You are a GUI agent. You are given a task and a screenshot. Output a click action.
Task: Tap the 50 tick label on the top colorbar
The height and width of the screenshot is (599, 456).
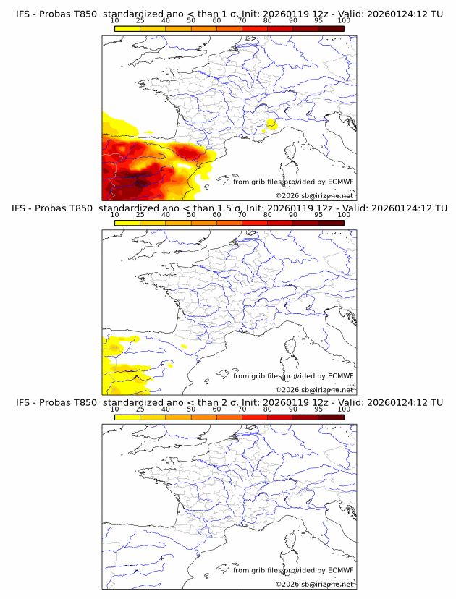click(191, 21)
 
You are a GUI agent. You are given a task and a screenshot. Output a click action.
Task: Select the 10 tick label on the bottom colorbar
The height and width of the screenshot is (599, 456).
click(115, 409)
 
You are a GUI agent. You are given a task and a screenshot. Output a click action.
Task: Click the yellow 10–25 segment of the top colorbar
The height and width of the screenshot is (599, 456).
click(127, 28)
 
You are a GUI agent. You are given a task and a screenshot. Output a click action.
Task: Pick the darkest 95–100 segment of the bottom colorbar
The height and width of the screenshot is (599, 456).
click(331, 417)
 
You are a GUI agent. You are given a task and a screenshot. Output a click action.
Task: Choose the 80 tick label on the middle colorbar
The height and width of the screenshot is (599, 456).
click(267, 215)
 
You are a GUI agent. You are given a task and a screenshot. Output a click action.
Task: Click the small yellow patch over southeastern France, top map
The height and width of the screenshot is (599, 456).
click(271, 124)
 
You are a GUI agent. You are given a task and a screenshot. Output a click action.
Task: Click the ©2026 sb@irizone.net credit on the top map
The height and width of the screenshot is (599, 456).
click(314, 196)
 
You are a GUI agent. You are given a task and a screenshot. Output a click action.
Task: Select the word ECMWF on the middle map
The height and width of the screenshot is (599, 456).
click(340, 376)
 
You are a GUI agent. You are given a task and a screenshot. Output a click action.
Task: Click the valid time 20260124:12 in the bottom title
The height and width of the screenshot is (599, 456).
click(399, 402)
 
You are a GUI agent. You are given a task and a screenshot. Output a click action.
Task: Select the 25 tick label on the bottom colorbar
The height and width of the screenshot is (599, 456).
click(140, 409)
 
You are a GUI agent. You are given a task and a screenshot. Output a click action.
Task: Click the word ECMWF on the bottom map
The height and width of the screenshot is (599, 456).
click(340, 570)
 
